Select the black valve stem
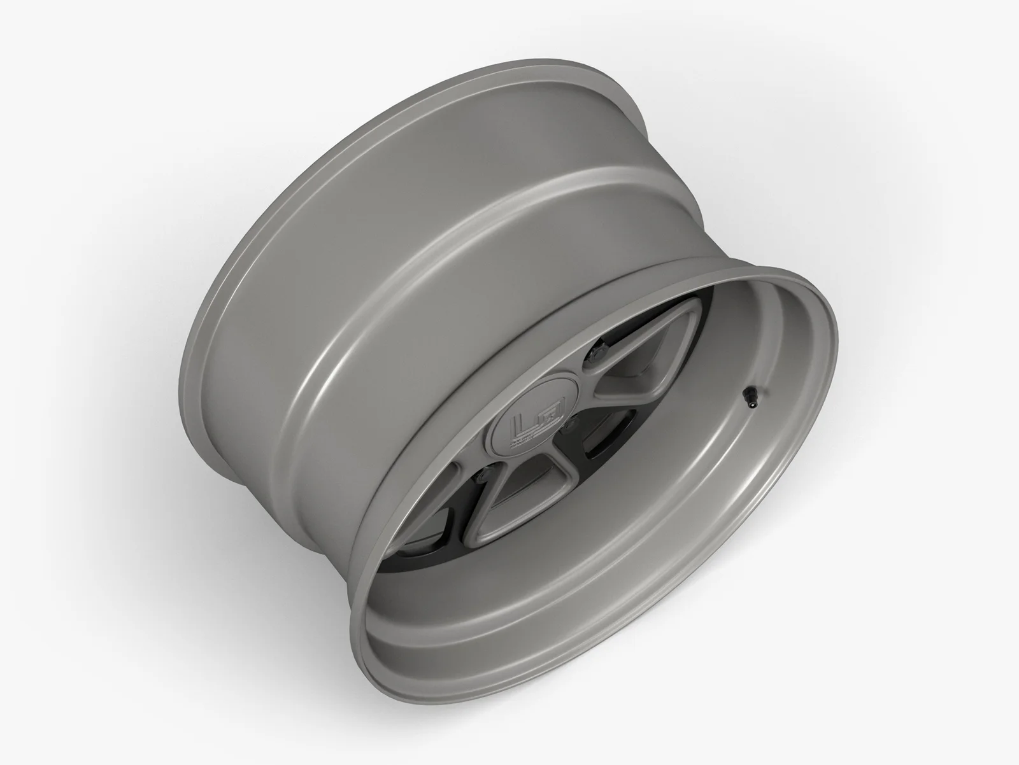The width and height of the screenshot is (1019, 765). pos(749,398)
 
